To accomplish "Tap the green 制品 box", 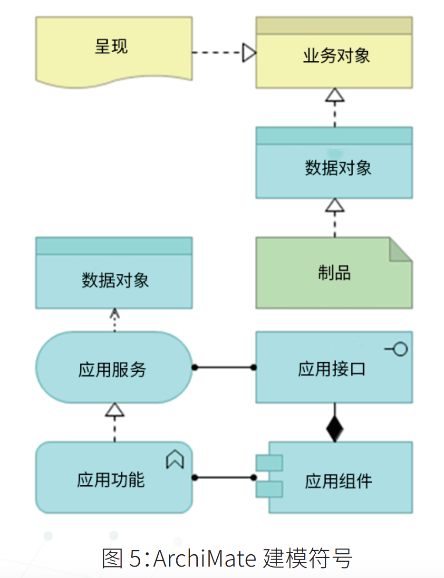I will pyautogui.click(x=334, y=273).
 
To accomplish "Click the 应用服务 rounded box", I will pyautogui.click(x=114, y=367).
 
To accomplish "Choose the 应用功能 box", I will pyautogui.click(x=114, y=478).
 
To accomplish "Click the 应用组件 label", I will pyautogui.click(x=338, y=481).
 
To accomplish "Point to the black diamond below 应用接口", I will pyautogui.click(x=335, y=429).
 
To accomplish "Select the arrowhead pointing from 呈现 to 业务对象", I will pyautogui.click(x=249, y=52).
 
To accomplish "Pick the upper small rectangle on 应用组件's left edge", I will pyautogui.click(x=269, y=462).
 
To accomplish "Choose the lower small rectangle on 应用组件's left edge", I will pyautogui.click(x=269, y=489).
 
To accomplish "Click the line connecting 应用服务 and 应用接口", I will pyautogui.click(x=223, y=367).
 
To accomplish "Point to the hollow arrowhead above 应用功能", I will pyautogui.click(x=115, y=410).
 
